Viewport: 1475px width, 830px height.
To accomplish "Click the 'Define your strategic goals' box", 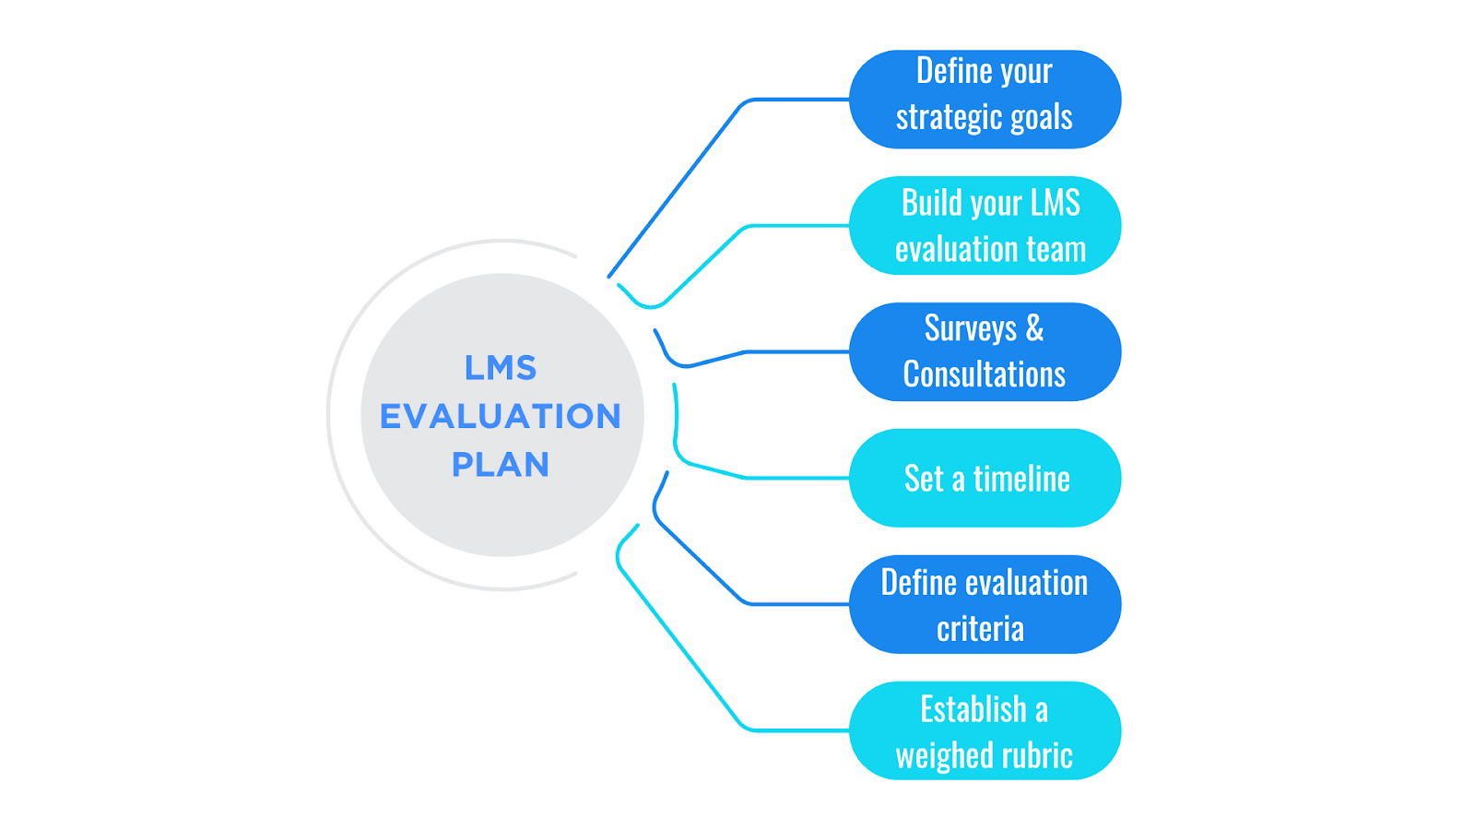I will [985, 99].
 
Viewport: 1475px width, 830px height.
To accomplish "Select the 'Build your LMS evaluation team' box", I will [985, 225].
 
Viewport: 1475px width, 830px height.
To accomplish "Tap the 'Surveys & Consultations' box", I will [985, 351].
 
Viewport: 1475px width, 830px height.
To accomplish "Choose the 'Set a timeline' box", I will [985, 478].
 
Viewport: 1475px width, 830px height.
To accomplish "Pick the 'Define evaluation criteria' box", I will [985, 604].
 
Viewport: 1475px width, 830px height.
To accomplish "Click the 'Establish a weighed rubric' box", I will [985, 730].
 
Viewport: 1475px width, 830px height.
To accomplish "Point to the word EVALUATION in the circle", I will [501, 416].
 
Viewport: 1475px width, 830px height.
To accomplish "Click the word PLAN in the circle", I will [501, 464].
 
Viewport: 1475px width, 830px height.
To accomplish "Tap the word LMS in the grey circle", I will [501, 368].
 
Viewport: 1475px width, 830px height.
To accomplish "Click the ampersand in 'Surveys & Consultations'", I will [1034, 328].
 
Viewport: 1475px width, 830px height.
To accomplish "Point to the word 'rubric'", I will [1039, 755].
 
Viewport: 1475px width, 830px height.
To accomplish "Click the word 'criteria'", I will [980, 629].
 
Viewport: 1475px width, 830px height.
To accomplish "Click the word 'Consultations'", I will [985, 374].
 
